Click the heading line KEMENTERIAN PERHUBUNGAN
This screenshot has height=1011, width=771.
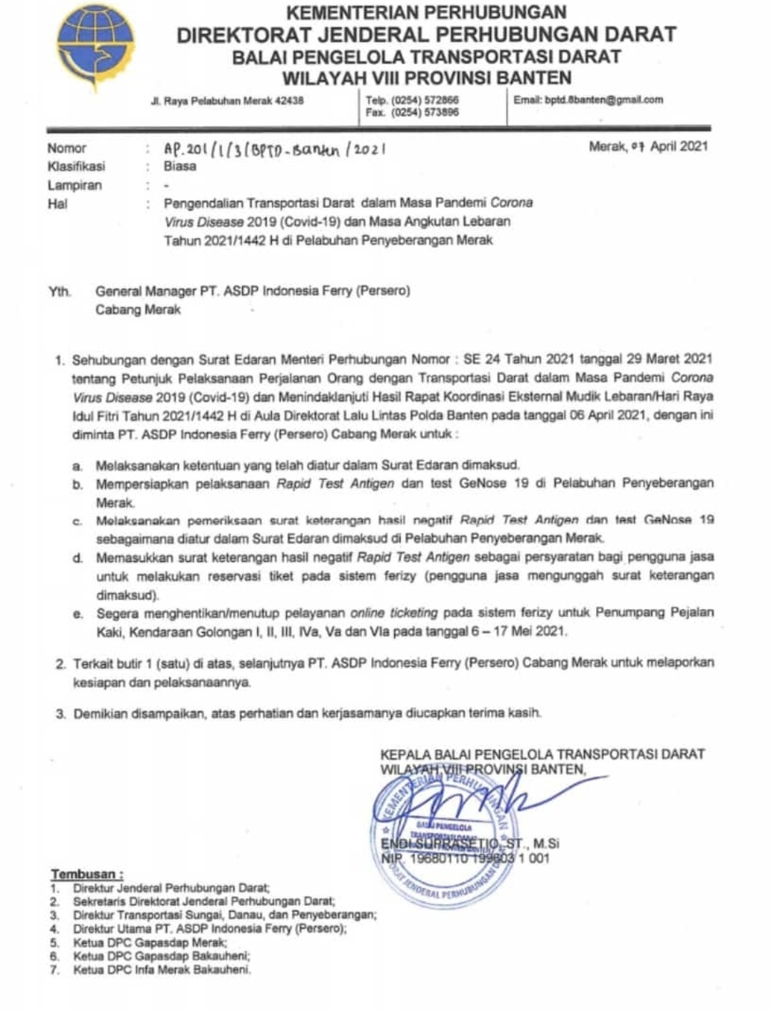coord(426,12)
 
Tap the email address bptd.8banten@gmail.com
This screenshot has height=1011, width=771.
coord(604,100)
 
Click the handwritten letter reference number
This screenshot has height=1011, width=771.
coord(276,149)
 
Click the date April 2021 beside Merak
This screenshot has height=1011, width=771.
coord(678,146)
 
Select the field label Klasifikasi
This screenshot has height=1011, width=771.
coord(76,166)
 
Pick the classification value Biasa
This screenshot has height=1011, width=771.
coord(180,166)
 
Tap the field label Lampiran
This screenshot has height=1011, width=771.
coord(75,186)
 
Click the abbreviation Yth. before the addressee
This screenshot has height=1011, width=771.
coord(60,291)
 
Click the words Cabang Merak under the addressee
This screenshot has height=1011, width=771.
coord(138,310)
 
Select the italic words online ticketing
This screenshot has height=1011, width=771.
coord(393,613)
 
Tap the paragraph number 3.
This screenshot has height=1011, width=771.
coord(61,713)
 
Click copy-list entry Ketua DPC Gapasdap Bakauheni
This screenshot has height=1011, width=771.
coord(161,956)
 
